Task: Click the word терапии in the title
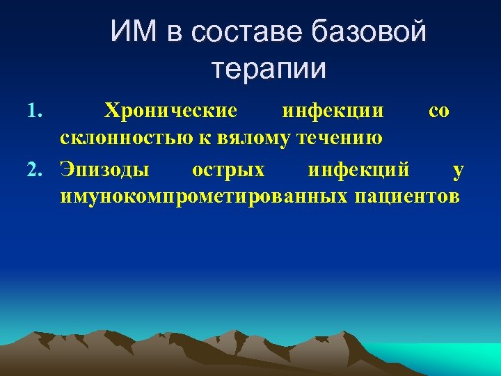coord(268,68)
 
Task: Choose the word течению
coord(340,139)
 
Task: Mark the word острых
coord(228,169)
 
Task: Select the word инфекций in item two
coord(359,169)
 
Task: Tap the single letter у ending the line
coord(456,169)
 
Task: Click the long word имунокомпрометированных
coord(203,196)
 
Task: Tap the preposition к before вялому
coord(206,139)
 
